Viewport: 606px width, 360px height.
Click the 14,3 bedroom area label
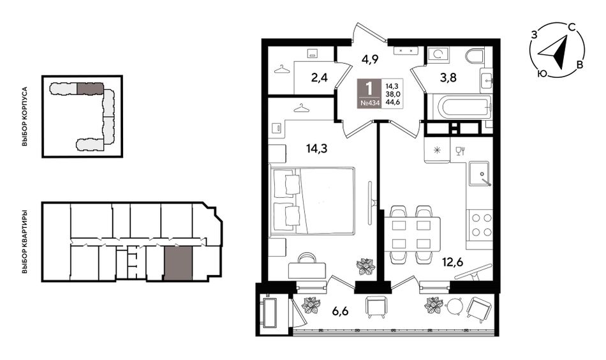pos(317,148)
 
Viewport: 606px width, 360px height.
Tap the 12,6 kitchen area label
pos(452,262)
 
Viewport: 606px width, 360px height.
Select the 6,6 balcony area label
pos(340,310)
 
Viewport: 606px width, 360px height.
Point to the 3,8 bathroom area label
pos(448,78)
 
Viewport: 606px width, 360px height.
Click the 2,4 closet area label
pos(320,78)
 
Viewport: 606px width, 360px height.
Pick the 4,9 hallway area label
pos(370,59)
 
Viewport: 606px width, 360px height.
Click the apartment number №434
pos(370,103)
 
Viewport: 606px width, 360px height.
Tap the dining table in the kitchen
pos(412,235)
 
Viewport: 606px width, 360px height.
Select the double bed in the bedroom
pos(313,200)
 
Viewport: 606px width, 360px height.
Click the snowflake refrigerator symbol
pos(437,150)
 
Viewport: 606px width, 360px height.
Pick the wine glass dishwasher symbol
pos(459,151)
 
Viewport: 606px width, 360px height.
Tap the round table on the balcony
pos(454,307)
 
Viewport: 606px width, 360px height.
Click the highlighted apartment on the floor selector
pos(178,264)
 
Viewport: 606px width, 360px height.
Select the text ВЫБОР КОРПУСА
pos(25,116)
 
